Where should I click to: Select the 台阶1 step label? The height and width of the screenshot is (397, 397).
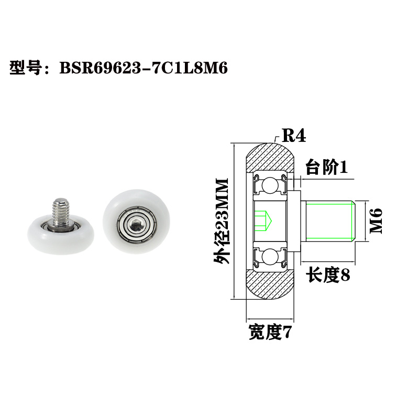(x=326, y=168)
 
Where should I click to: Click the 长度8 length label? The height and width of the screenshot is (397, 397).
(x=328, y=274)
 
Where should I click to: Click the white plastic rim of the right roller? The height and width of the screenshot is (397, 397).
(x=113, y=207)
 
